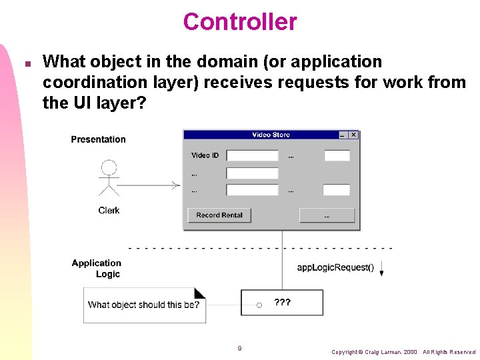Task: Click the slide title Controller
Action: point(240,22)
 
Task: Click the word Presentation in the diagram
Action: point(98,139)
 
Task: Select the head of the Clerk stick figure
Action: point(109,167)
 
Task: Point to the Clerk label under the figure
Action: point(109,210)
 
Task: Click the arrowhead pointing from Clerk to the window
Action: point(176,185)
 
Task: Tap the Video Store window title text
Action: point(271,135)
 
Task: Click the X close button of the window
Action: point(353,135)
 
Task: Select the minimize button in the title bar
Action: point(343,135)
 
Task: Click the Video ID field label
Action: point(205,155)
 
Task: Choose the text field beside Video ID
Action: point(252,155)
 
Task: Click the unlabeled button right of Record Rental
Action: point(327,215)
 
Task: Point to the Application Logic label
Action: point(97,269)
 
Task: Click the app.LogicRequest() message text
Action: point(335,268)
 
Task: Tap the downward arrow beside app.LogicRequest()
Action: point(381,270)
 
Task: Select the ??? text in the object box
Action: point(283,302)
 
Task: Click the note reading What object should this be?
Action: point(144,305)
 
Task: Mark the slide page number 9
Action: point(239,348)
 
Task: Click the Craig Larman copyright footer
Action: point(403,352)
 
